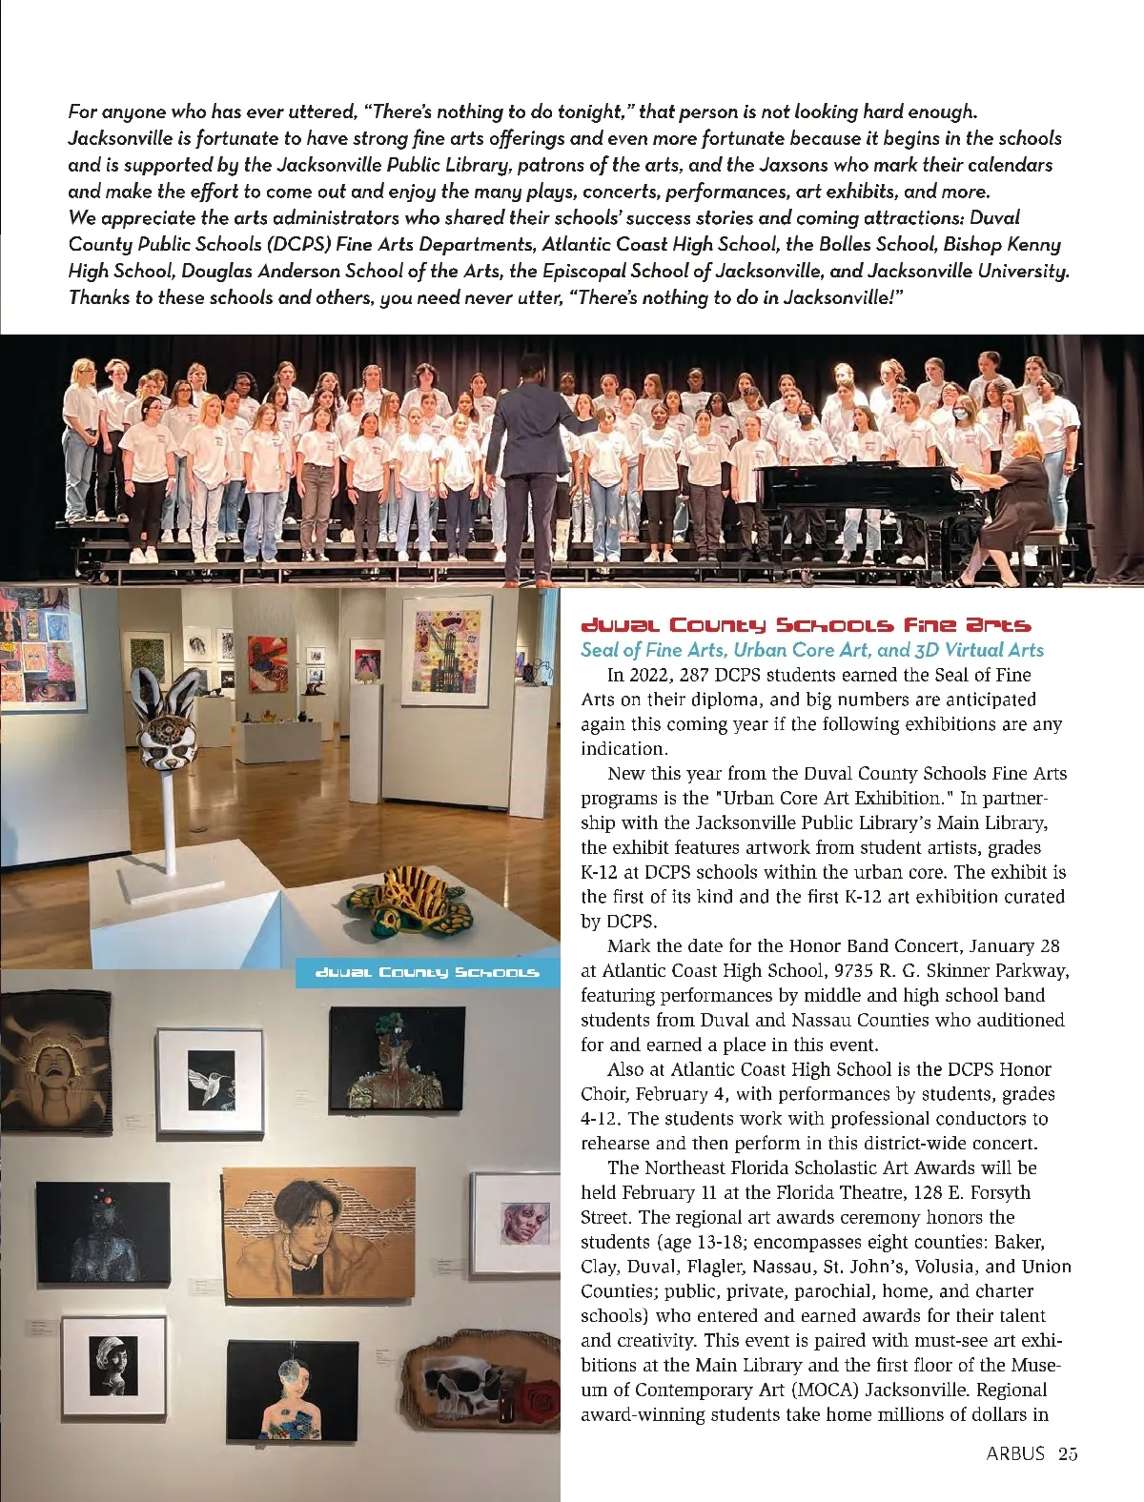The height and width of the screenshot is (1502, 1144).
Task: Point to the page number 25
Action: pyautogui.click(x=1067, y=1453)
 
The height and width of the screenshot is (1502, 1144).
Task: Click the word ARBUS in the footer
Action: pyautogui.click(x=1015, y=1453)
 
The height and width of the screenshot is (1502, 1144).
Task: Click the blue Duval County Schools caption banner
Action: pyautogui.click(x=427, y=973)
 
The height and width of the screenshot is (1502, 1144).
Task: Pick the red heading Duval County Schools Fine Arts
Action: pyautogui.click(x=806, y=626)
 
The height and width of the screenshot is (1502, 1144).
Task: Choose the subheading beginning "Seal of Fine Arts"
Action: pyautogui.click(x=812, y=650)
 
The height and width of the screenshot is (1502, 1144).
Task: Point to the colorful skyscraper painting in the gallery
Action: pyautogui.click(x=446, y=650)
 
